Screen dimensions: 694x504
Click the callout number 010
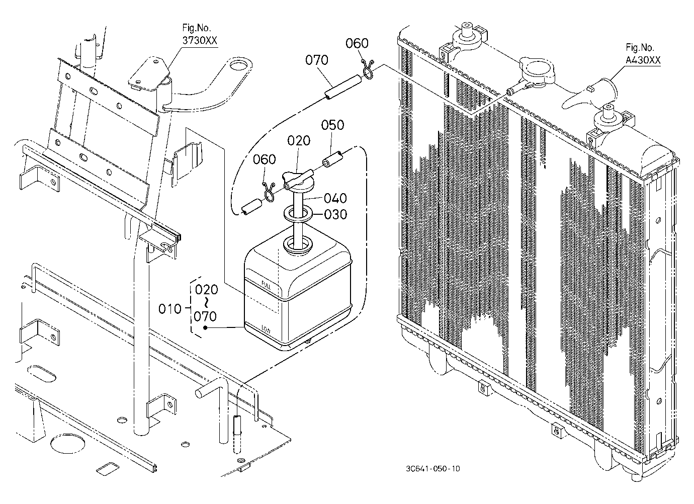pyautogui.click(x=170, y=309)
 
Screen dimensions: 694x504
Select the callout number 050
pyautogui.click(x=332, y=125)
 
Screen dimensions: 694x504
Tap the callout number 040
pyautogui.click(x=335, y=198)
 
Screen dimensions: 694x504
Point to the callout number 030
pyautogui.click(x=335, y=214)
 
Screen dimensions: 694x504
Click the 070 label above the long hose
pyautogui.click(x=317, y=60)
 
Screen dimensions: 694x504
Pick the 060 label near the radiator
pyautogui.click(x=357, y=43)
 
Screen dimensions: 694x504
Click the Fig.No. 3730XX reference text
pyautogui.click(x=200, y=34)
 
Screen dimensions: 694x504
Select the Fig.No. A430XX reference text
pyautogui.click(x=643, y=54)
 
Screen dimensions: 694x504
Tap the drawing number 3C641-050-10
pyautogui.click(x=433, y=469)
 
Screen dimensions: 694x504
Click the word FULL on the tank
pyautogui.click(x=266, y=285)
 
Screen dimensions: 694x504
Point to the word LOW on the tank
pyautogui.click(x=266, y=329)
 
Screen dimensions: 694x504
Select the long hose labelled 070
pyautogui.click(x=343, y=87)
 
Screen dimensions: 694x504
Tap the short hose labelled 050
pyautogui.click(x=332, y=159)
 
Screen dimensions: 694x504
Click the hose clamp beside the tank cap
pyautogui.click(x=269, y=192)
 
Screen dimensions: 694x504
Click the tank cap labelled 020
pyautogui.click(x=298, y=182)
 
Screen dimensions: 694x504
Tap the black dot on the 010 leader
pyautogui.click(x=205, y=327)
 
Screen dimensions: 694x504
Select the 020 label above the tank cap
pyautogui.click(x=299, y=141)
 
